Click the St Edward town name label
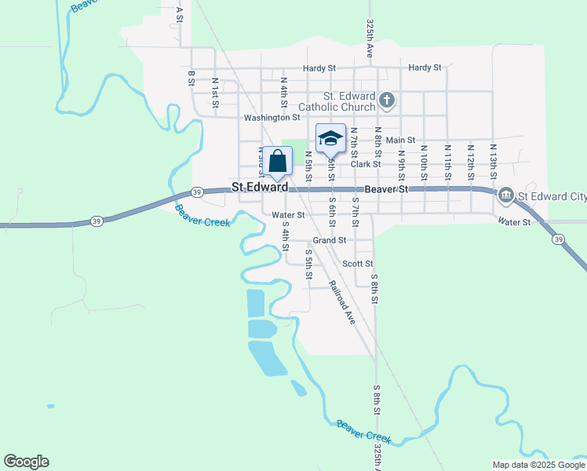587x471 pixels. (x=260, y=188)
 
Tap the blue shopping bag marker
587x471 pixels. (x=277, y=162)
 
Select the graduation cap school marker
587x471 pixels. (x=330, y=138)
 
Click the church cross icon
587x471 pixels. (x=386, y=100)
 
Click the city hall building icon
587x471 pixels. (x=506, y=195)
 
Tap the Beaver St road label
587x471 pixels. (x=387, y=189)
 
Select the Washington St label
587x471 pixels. (x=272, y=118)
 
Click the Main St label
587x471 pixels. (x=400, y=140)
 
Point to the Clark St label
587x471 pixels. (x=366, y=164)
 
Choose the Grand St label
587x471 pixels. (x=330, y=240)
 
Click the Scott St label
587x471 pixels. (x=358, y=265)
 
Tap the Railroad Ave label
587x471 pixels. (x=342, y=302)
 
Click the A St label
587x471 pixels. (x=180, y=13)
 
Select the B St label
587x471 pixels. (x=191, y=77)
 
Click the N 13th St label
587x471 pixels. (x=494, y=158)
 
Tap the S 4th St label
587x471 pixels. (x=286, y=235)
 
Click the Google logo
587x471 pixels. (x=26, y=462)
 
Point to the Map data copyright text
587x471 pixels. (x=538, y=465)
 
